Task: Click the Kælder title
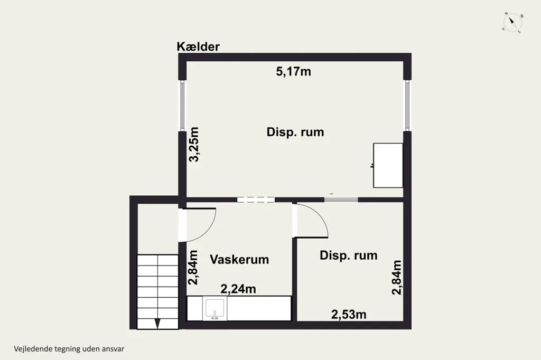[198, 46]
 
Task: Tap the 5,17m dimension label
[293, 71]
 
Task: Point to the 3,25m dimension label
[194, 145]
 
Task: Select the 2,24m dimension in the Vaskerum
[238, 289]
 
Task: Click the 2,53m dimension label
[349, 315]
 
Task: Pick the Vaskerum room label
[239, 259]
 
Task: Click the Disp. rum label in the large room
[295, 132]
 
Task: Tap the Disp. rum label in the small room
[349, 255]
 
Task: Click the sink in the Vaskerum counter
[214, 309]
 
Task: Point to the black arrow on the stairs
[157, 324]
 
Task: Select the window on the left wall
[182, 106]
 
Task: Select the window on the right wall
[407, 106]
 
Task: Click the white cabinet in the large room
[388, 166]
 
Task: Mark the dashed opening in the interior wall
[256, 200]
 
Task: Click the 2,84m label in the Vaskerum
[193, 268]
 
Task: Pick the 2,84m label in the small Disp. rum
[397, 278]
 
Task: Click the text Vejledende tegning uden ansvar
[69, 348]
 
